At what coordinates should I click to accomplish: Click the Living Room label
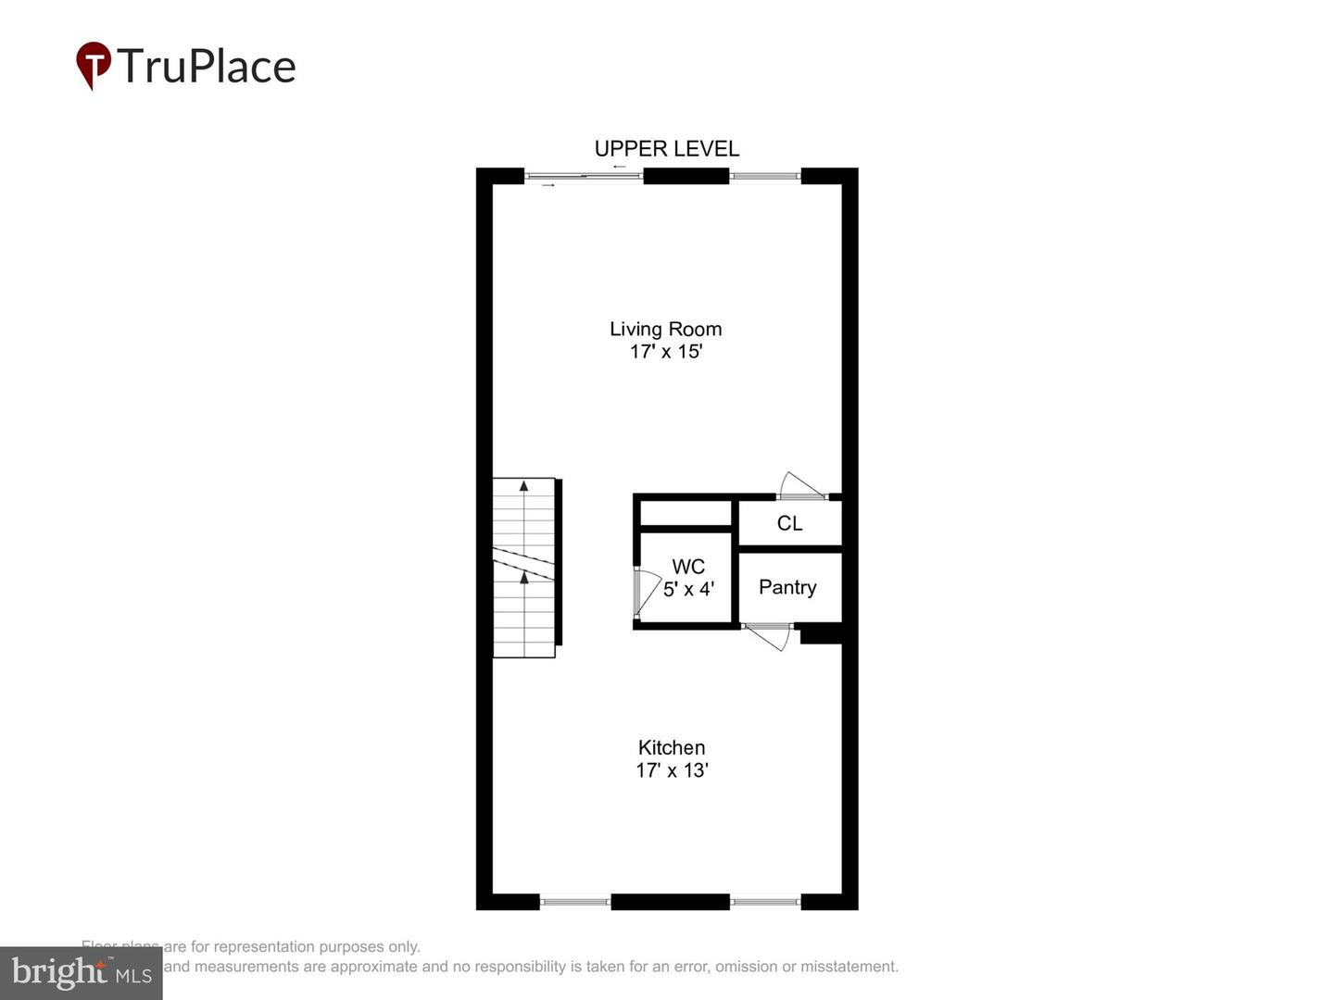click(665, 329)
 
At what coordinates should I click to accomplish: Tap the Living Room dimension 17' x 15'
click(666, 352)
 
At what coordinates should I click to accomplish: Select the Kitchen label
click(672, 747)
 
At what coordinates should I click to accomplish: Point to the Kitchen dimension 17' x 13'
click(672, 770)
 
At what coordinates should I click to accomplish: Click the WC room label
click(688, 567)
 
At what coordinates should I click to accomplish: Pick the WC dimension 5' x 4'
click(688, 589)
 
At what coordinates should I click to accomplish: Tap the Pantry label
click(787, 587)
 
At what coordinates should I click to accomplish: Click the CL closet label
click(789, 523)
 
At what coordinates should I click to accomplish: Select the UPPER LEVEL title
click(666, 149)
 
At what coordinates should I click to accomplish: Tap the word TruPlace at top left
click(207, 67)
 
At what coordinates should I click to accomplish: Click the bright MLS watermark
click(82, 972)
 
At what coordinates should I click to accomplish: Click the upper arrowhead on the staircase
click(523, 485)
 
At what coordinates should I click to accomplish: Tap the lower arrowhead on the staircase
click(523, 578)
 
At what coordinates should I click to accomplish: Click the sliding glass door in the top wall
click(584, 176)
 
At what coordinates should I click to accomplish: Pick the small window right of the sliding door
click(764, 176)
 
